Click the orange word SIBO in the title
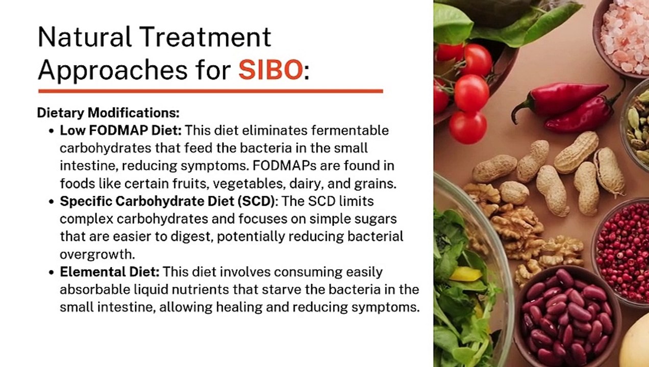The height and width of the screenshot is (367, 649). point(270,69)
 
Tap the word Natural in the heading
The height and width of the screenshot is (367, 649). point(85,37)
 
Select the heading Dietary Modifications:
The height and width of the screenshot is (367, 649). point(108,113)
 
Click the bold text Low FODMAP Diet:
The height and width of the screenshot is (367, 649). point(120,130)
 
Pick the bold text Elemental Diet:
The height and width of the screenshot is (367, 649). point(110,272)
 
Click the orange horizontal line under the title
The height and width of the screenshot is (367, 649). point(211,91)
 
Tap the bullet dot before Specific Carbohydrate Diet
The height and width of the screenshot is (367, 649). point(52,201)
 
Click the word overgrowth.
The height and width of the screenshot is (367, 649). point(97,254)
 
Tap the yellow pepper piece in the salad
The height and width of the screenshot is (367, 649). point(466,274)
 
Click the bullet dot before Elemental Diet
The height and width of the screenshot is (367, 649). point(52,272)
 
